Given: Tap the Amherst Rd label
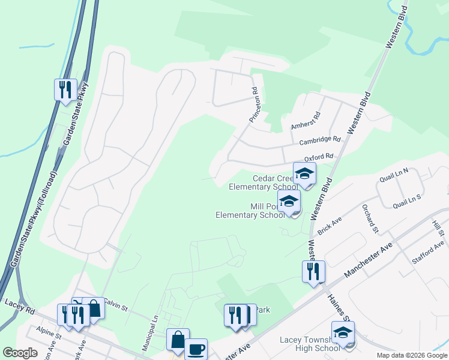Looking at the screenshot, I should point(306,121).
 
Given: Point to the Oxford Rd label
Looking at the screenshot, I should point(318,158).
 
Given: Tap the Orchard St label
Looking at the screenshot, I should point(370,218).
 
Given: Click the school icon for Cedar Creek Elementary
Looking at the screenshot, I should point(304,173).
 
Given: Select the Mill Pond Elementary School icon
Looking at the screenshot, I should point(289,202).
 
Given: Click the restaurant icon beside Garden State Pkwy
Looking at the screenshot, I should point(65,89).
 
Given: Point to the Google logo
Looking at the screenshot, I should point(20,353).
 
